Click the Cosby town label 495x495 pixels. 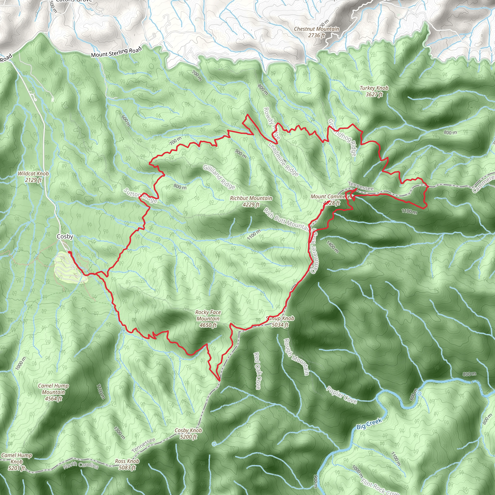pyautogui.click(x=65, y=236)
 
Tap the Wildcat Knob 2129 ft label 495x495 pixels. pyautogui.click(x=33, y=176)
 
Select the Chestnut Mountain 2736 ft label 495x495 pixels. pyautogui.click(x=316, y=32)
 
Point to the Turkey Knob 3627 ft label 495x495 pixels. pyautogui.click(x=374, y=91)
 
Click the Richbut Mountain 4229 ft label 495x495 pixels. pyautogui.click(x=251, y=201)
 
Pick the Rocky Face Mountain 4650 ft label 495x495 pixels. pyautogui.click(x=208, y=319)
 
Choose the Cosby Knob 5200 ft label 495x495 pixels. pyautogui.click(x=188, y=433)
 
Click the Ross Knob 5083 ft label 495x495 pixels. pyautogui.click(x=127, y=464)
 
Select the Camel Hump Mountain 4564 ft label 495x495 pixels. pyautogui.click(x=53, y=392)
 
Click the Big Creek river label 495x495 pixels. pyautogui.click(x=369, y=423)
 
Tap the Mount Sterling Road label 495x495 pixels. pyautogui.click(x=116, y=52)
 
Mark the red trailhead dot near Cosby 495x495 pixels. pyautogui.click(x=69, y=253)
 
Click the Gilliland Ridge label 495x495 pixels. pyautogui.click(x=219, y=177)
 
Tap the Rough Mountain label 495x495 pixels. pyautogui.click(x=296, y=357)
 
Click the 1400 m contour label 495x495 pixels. pyautogui.click(x=333, y=246)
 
